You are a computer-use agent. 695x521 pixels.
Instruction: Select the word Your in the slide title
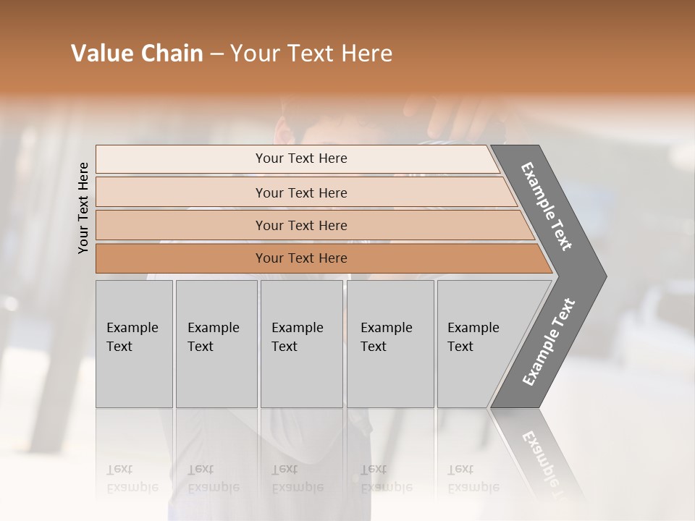coord(253,54)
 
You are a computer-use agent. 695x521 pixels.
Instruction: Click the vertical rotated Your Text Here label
coord(83,208)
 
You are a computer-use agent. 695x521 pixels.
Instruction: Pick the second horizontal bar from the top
coord(300,192)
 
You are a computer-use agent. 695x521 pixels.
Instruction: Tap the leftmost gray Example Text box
coord(134,344)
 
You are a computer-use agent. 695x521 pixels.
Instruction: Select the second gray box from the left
coord(216,344)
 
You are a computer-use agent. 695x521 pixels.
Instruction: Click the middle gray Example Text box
coord(301,344)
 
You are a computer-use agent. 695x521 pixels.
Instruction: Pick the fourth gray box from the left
coord(389,344)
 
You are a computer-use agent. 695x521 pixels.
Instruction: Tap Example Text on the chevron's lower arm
coord(549,342)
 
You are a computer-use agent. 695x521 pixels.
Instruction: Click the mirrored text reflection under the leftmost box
coord(132,478)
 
